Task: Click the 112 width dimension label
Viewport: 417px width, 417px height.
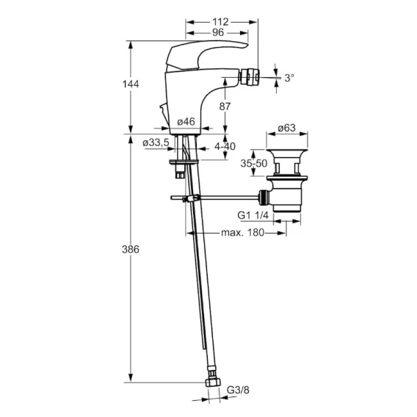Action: [x=220, y=22]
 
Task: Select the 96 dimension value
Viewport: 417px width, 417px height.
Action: [x=218, y=32]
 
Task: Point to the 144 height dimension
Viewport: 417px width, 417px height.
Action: [x=131, y=84]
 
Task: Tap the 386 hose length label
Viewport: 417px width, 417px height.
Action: [x=131, y=250]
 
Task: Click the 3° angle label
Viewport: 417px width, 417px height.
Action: [x=289, y=78]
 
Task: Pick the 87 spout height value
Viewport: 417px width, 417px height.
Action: [x=225, y=106]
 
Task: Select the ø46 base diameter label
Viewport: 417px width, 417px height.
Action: [x=186, y=122]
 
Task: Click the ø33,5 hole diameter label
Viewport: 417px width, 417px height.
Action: [x=156, y=143]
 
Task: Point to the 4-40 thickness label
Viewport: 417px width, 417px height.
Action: [x=225, y=146]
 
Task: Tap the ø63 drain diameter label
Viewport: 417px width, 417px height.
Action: [x=286, y=128]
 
